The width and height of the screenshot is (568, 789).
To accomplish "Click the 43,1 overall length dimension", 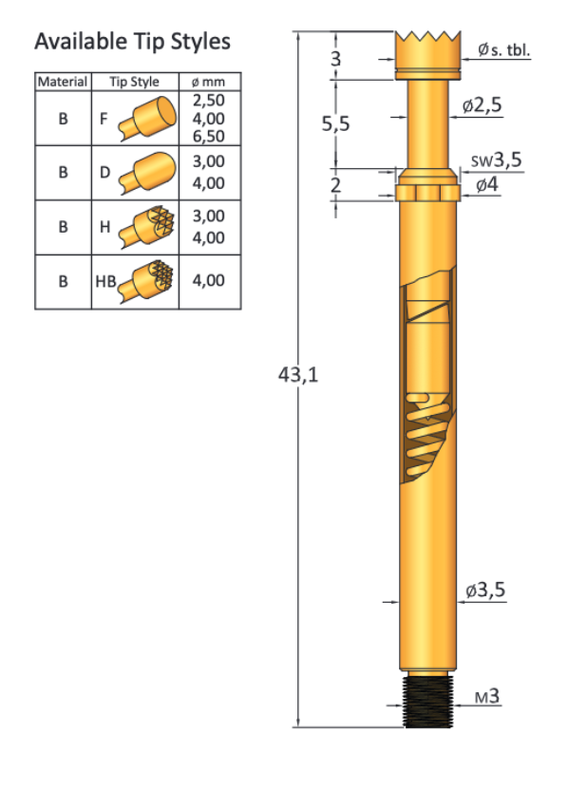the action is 298,374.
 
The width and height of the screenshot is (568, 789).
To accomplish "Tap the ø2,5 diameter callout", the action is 482,104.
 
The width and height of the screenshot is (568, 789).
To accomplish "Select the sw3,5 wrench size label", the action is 497,160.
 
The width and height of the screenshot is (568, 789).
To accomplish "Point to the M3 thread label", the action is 487,696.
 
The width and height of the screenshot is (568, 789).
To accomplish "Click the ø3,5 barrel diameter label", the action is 485,590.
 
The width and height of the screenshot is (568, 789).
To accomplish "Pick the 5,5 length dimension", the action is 335,123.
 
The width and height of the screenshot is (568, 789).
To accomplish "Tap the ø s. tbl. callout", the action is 503,49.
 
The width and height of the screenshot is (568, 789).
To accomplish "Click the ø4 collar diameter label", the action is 487,184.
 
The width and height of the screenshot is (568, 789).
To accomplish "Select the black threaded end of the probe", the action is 428,702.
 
